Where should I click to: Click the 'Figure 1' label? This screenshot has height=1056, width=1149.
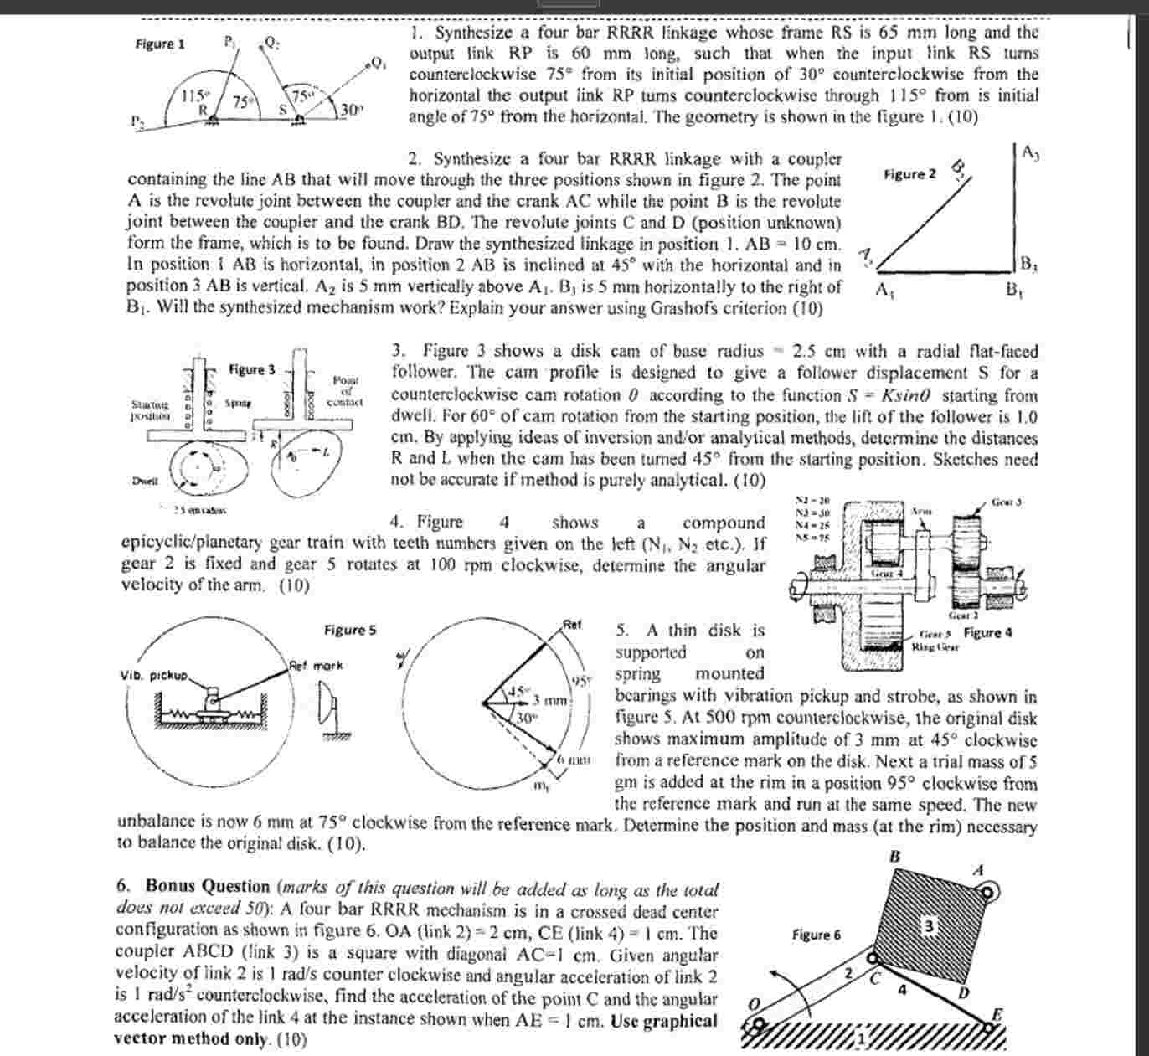(x=160, y=44)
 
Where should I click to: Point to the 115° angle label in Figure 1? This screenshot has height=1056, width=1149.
(x=195, y=95)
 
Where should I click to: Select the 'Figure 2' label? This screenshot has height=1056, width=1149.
(x=910, y=174)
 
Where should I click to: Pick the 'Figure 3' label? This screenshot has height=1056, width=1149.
(x=252, y=369)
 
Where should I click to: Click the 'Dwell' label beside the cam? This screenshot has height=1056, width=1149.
(x=145, y=481)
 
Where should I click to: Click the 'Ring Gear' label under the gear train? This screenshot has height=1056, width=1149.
(x=935, y=647)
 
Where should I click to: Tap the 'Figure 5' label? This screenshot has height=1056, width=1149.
(x=350, y=630)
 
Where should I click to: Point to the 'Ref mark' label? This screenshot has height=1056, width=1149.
(x=315, y=666)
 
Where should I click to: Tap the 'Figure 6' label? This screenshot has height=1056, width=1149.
(x=817, y=935)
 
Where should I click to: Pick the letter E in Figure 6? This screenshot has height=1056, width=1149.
(x=997, y=1014)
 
